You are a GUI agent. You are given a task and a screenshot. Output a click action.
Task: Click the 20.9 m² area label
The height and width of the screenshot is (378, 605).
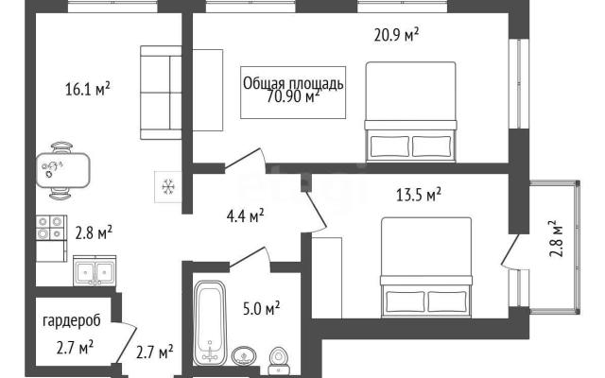[x=396, y=35]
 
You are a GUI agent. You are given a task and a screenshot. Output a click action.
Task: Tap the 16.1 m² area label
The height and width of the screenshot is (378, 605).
[x=88, y=89]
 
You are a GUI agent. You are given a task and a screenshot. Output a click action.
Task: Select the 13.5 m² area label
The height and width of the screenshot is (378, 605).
[x=419, y=195]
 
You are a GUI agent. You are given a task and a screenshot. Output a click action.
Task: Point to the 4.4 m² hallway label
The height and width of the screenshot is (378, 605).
[x=245, y=216]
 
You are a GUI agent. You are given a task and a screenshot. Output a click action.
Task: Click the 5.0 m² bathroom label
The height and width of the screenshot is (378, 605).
[x=261, y=309]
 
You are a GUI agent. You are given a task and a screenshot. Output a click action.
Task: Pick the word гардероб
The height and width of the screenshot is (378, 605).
[x=72, y=321]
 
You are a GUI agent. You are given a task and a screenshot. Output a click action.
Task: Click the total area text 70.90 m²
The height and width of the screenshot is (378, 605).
[x=293, y=96]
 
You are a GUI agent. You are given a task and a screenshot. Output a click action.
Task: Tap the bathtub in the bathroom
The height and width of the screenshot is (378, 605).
[x=209, y=323]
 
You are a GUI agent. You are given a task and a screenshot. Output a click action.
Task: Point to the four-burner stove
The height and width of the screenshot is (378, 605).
[x=51, y=228]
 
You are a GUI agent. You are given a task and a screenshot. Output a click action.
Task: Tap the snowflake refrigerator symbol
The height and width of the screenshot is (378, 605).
[x=168, y=187]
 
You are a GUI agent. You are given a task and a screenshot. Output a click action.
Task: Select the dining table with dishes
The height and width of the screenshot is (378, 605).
[x=62, y=170]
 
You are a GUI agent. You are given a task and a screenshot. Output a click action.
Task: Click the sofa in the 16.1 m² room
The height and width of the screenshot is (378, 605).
[x=161, y=93]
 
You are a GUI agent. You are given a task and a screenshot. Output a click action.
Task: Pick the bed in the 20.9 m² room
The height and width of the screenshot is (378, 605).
[x=410, y=112]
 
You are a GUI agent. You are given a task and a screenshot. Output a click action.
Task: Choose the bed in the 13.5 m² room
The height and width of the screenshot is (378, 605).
[x=426, y=267]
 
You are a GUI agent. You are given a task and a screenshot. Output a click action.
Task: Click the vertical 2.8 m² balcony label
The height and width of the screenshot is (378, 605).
[x=554, y=239]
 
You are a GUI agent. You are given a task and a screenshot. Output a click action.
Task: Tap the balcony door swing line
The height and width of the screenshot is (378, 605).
[x=510, y=249]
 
